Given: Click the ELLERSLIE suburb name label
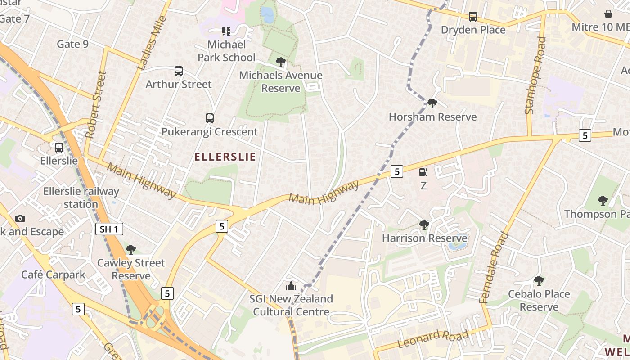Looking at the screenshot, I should (225, 157).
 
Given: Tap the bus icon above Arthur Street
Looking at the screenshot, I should (179, 71).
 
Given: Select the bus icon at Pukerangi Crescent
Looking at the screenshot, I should (210, 118).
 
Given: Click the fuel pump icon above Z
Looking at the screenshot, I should (423, 172).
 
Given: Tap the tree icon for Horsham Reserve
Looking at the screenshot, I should (432, 103).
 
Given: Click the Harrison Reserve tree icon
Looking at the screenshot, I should (424, 225).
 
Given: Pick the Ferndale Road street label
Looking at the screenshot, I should (494, 267).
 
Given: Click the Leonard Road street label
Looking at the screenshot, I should (433, 338).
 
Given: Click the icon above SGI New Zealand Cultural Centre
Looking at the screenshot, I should (291, 286).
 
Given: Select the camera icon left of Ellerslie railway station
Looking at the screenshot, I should (20, 218).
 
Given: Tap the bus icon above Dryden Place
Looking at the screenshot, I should (473, 17).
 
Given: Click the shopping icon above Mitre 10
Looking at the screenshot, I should (608, 14).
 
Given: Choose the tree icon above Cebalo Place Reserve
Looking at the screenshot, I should (539, 281).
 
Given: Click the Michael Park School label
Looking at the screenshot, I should (226, 51).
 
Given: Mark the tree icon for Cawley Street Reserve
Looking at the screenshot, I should (131, 249).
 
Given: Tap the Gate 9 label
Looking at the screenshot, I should (72, 44).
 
